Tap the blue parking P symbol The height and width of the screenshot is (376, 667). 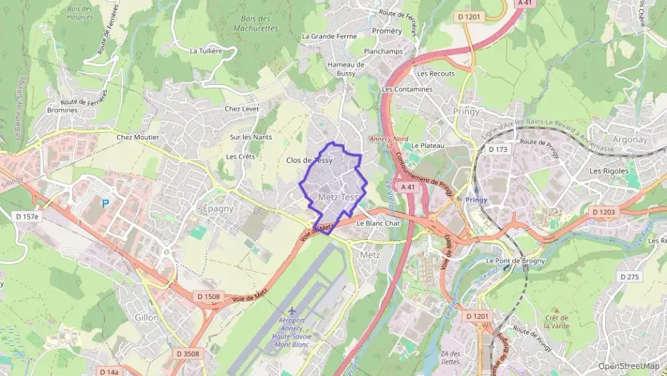(105, 203)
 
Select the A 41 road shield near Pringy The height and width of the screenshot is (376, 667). (408, 186)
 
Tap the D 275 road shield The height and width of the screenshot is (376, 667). (630, 276)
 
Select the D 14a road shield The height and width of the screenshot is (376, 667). (108, 372)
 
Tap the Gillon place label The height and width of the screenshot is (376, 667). (147, 317)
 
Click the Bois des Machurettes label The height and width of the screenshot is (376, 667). (255, 24)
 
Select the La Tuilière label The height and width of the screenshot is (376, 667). (207, 51)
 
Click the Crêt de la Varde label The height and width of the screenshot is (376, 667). (556, 322)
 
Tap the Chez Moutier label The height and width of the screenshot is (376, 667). (138, 137)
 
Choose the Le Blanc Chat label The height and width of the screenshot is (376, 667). (378, 223)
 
